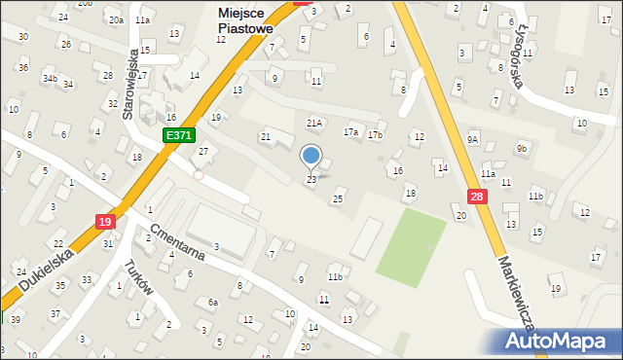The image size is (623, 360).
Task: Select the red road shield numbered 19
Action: point(105,223)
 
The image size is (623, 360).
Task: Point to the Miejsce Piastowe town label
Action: point(245,21)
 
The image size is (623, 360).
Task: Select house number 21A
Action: point(313,124)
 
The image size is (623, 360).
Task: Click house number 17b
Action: point(375,134)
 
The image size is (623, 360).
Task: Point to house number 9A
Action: point(472,139)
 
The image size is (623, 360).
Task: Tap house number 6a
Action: point(212,302)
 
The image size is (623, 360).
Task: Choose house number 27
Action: point(203,151)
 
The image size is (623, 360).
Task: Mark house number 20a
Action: point(116,19)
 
